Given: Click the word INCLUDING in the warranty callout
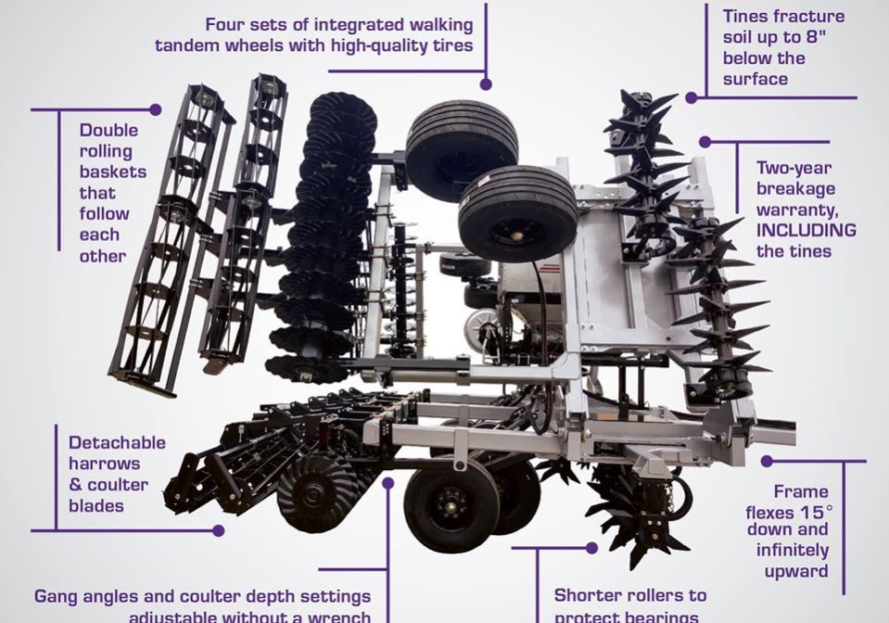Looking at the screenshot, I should pyautogui.click(x=806, y=231).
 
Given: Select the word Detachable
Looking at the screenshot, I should pyautogui.click(x=117, y=442).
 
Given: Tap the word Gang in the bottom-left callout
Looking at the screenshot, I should pyautogui.click(x=57, y=595).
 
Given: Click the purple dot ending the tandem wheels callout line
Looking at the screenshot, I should pyautogui.click(x=486, y=83).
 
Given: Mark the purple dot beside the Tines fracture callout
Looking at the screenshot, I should pyautogui.click(x=692, y=97).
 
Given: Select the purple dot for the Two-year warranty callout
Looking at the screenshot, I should pyautogui.click(x=705, y=142).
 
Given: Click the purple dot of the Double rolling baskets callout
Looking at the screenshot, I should pyautogui.click(x=156, y=109).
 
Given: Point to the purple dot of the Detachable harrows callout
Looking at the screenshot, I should pyautogui.click(x=219, y=531).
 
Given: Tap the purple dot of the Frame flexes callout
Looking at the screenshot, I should pyautogui.click(x=767, y=461).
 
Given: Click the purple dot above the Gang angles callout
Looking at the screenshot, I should pyautogui.click(x=388, y=483).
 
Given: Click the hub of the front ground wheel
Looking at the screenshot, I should pyautogui.click(x=451, y=505).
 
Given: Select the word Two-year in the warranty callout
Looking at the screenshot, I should pyautogui.click(x=794, y=169).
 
